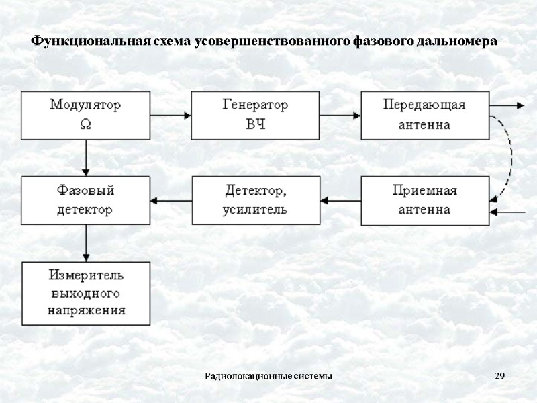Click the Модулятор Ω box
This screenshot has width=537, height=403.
(x=86, y=115)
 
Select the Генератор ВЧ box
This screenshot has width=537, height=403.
(x=255, y=115)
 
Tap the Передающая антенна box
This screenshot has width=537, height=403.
(x=424, y=115)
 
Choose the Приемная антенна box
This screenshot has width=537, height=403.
(x=424, y=199)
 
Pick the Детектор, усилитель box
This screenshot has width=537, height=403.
(x=255, y=199)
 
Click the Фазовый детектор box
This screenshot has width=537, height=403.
(x=86, y=199)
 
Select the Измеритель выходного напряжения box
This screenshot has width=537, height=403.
(x=86, y=293)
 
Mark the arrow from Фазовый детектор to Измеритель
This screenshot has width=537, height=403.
(x=86, y=242)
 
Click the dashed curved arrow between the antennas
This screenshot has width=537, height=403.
(x=509, y=158)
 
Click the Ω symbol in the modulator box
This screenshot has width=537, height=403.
(x=85, y=124)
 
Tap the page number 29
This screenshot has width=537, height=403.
(x=499, y=375)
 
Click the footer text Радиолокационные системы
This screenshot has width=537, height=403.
(x=268, y=375)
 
